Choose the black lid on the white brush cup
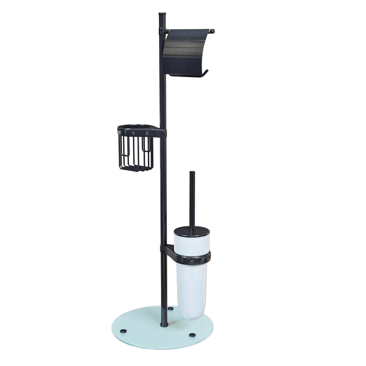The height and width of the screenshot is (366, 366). (191, 231)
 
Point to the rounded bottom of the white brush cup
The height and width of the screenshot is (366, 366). (190, 309)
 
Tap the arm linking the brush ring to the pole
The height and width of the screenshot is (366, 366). (168, 251)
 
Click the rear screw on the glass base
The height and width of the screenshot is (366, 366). (171, 309)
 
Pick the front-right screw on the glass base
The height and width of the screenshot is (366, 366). (192, 335)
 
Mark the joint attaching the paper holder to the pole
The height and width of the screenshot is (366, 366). (164, 32)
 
